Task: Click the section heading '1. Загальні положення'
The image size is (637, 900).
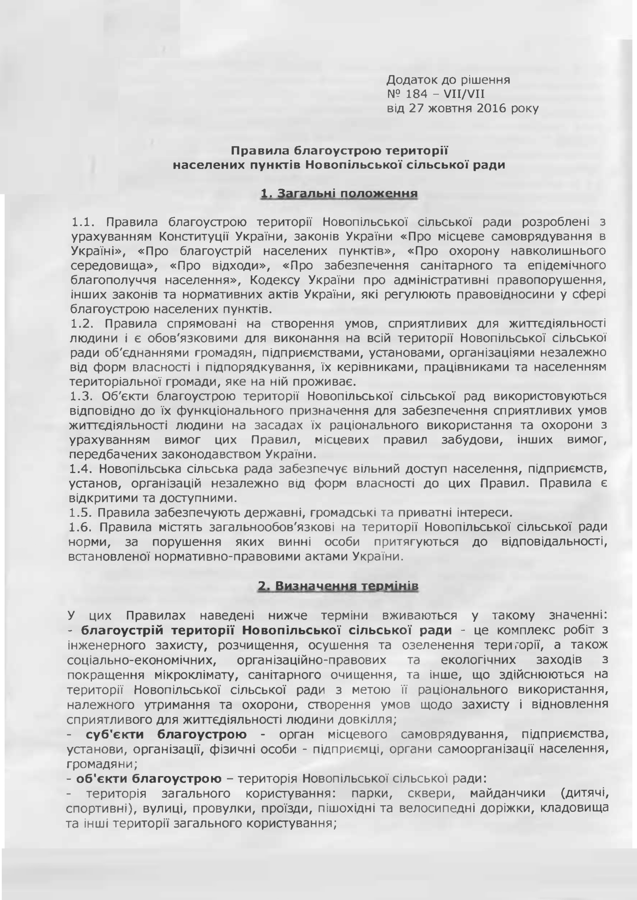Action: (x=339, y=194)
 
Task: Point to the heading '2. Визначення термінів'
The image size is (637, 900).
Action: (x=338, y=586)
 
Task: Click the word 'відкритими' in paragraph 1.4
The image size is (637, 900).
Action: (x=103, y=498)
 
